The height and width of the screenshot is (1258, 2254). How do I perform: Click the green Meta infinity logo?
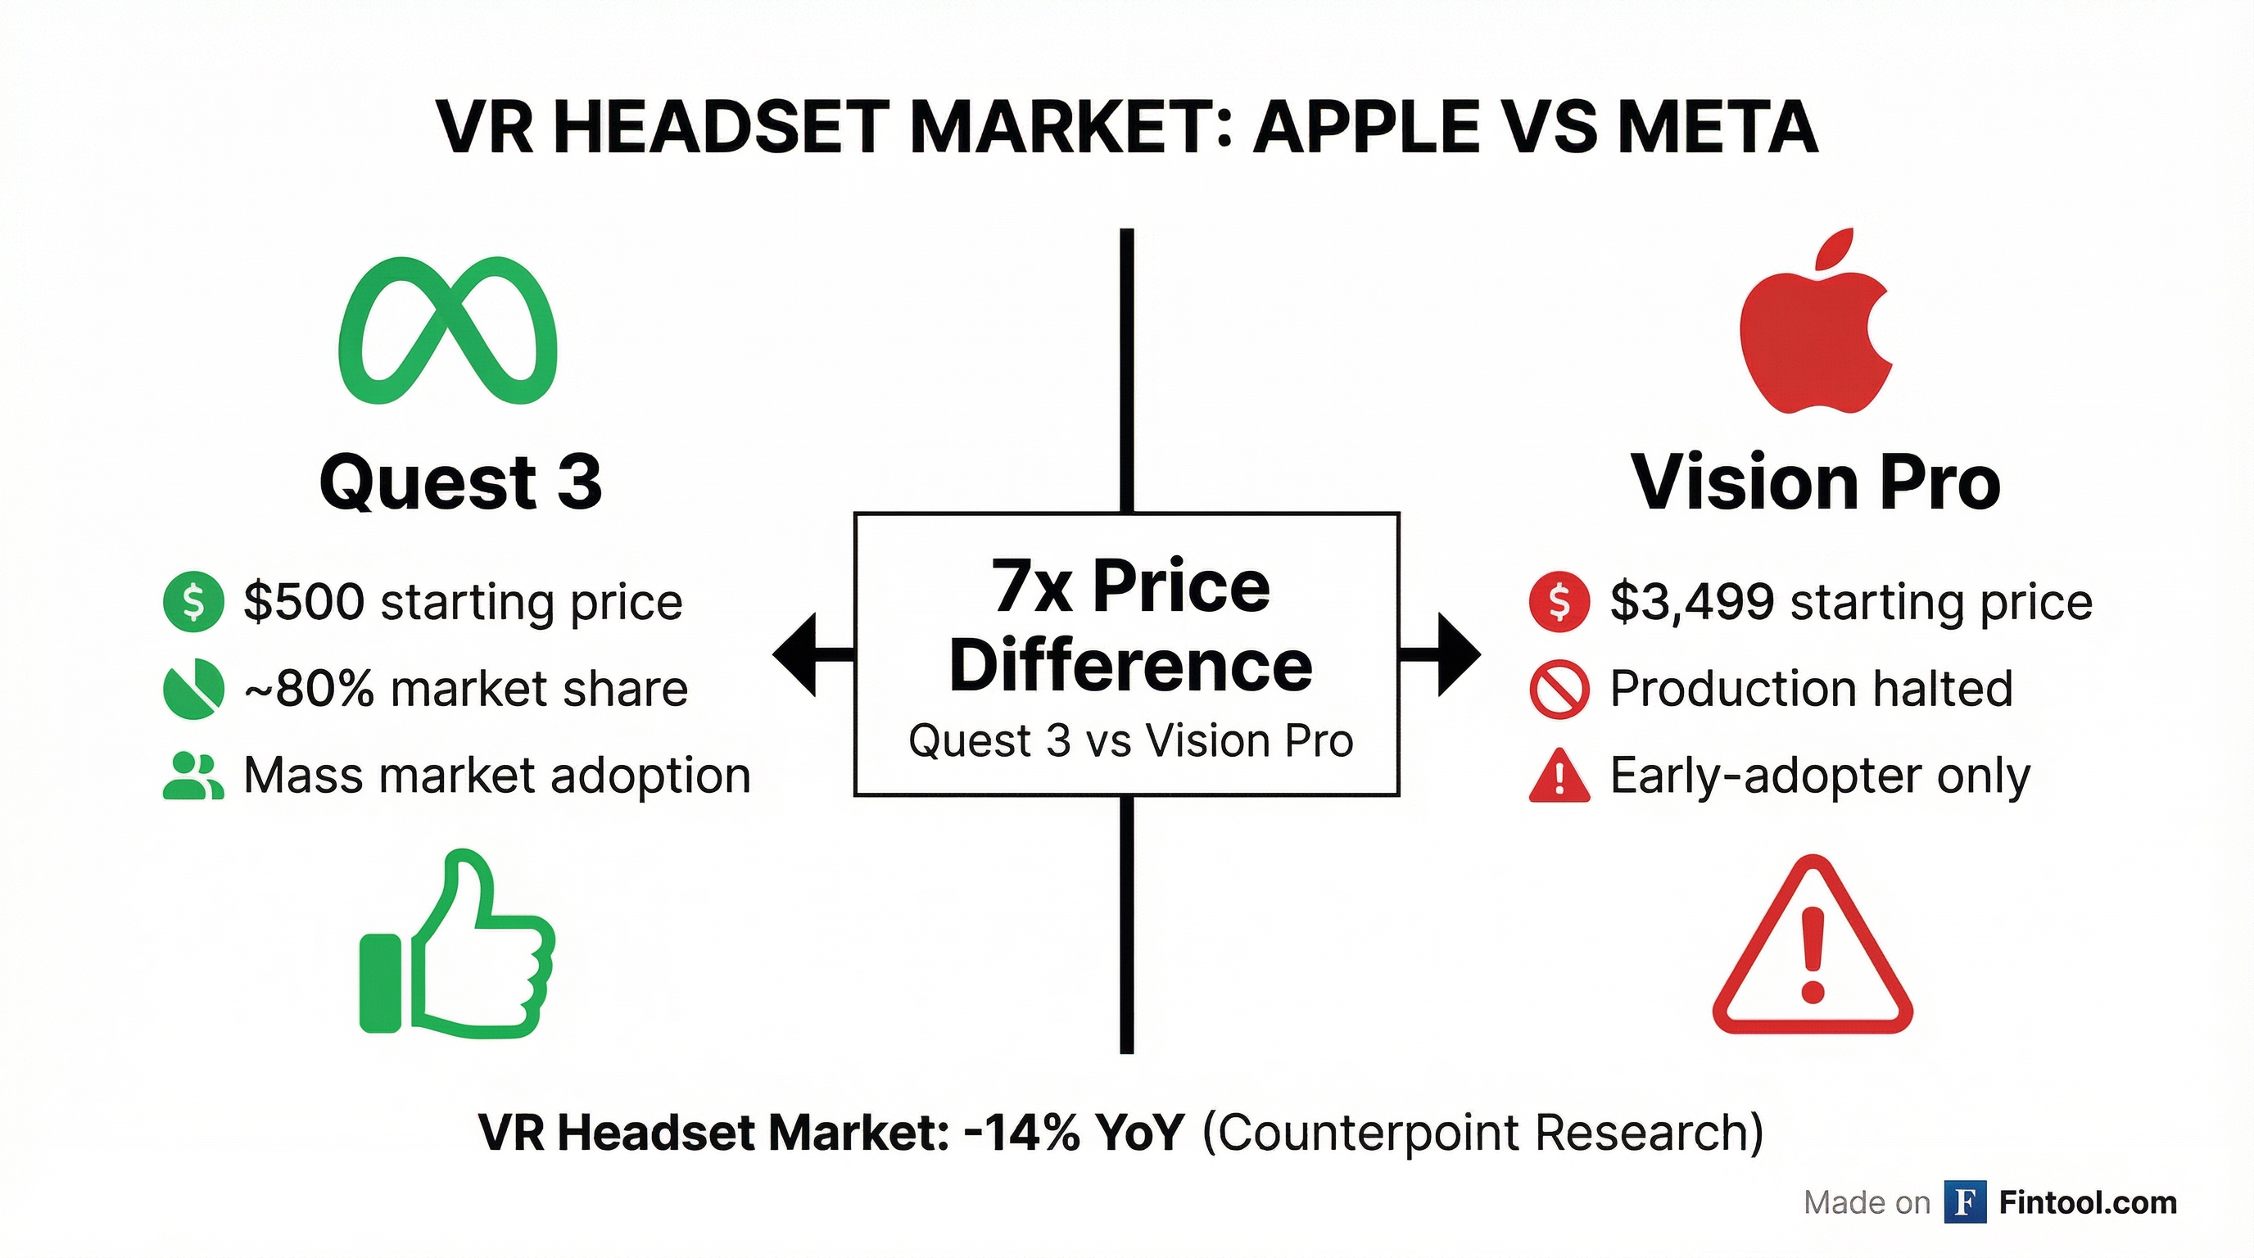[x=447, y=330]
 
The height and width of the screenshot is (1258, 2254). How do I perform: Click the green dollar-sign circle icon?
[x=193, y=602]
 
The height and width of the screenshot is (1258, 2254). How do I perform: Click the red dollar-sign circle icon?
[x=1559, y=602]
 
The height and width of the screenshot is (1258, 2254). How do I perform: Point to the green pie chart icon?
[x=193, y=689]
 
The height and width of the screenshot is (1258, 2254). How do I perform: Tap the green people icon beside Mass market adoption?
[x=193, y=776]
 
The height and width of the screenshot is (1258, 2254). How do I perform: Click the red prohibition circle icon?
[x=1559, y=690]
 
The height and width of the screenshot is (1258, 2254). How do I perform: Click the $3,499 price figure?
[x=1692, y=602]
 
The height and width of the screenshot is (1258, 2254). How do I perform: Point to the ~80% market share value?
[x=308, y=690]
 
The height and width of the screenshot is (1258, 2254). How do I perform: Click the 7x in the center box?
[x=1030, y=586]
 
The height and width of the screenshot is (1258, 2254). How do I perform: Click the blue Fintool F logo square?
[x=1965, y=1202]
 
